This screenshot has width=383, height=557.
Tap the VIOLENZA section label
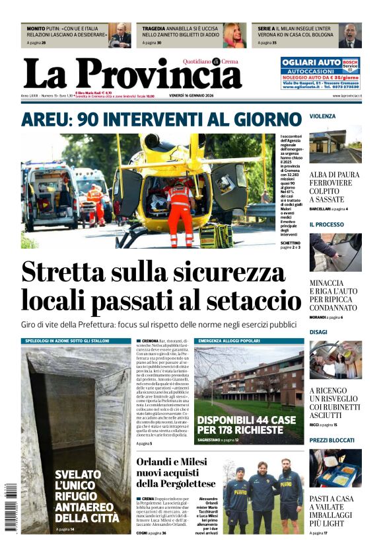(323, 116)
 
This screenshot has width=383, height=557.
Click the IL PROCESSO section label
(327, 225)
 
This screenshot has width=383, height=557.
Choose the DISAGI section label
(318, 332)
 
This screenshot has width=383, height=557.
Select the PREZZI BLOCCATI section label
(331, 441)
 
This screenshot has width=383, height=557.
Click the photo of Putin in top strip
(120, 35)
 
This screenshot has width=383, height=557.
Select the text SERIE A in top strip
(266, 29)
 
